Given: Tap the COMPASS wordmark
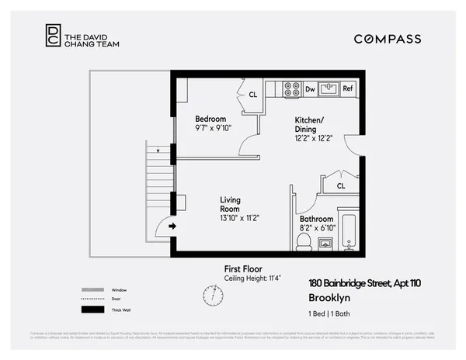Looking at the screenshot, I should coord(388,39).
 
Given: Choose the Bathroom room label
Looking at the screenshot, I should coord(317,219).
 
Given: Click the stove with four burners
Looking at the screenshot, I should coord(292,89).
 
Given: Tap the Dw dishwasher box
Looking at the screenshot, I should coord(310,89).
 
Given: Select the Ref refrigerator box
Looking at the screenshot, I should coord(349,89).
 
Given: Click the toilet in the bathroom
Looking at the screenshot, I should coord(304,242).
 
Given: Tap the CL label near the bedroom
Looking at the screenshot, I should coord(253,95).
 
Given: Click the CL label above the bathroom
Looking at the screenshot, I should coord(341,186).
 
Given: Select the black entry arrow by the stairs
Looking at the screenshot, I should coord(172,226).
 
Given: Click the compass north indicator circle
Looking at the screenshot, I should coord(211,295).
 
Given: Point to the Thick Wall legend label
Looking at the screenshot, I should coord(120,310).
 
